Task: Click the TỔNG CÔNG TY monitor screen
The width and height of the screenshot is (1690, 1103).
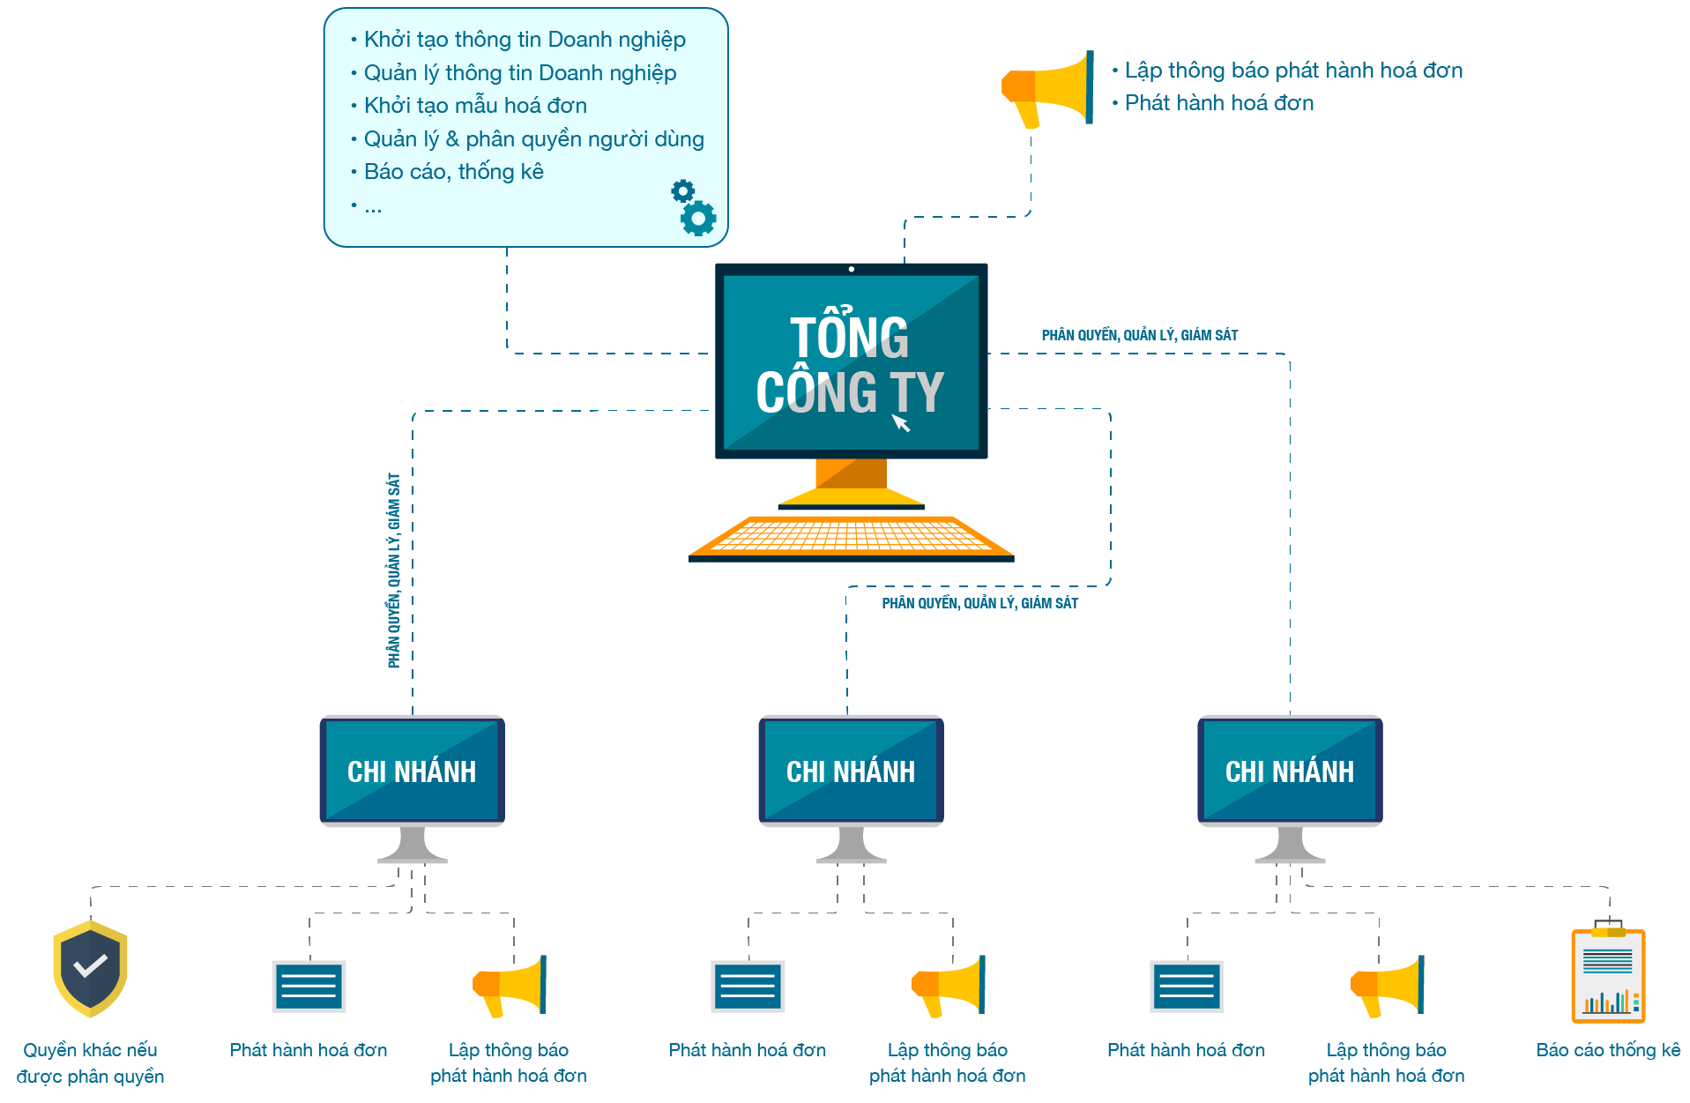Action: pos(851,361)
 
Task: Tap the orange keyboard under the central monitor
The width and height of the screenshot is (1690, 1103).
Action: pos(851,537)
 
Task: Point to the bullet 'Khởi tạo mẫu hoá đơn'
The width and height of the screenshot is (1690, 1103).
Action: pos(475,106)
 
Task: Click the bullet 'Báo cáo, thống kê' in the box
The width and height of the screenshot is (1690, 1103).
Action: pos(453,172)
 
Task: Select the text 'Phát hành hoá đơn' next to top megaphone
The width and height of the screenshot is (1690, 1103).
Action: pos(1218,103)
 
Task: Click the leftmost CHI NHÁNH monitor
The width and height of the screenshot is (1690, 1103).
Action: pos(412,771)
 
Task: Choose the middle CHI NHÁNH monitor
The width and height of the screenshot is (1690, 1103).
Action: pos(851,771)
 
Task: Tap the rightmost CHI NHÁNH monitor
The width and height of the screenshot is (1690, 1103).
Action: pos(1290,771)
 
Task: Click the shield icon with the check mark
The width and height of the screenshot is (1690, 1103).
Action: pos(90,968)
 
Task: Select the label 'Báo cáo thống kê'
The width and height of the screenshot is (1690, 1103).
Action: pos(1608,1050)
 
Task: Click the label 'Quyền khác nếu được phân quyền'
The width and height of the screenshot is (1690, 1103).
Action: pos(90,1062)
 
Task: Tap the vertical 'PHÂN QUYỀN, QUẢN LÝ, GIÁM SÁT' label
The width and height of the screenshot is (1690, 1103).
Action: pos(393,570)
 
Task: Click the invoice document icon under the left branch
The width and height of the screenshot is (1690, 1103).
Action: pos(309,986)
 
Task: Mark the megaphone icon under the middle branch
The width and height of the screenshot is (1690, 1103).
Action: pos(948,986)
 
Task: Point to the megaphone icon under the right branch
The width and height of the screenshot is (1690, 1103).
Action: pos(1387,986)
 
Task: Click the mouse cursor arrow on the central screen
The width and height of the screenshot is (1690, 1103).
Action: pos(900,423)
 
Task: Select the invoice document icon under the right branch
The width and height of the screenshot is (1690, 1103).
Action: pos(1187,986)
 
